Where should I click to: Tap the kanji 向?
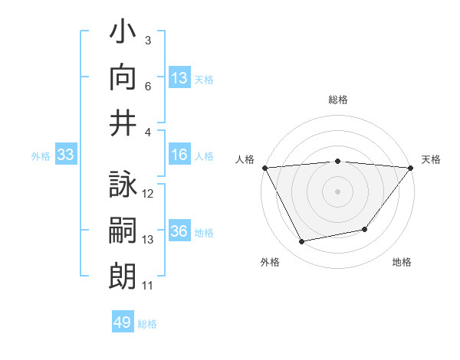point(123,77)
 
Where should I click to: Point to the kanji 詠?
point(123,186)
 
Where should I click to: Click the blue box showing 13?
point(179,77)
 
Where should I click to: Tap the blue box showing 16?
point(179,155)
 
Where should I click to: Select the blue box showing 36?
point(179,232)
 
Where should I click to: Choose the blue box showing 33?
point(65,155)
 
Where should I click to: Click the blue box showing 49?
point(123,322)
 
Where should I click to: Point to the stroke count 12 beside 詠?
point(148,194)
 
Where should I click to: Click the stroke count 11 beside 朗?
point(148,286)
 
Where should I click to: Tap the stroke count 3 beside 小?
point(148,40)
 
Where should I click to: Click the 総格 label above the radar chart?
point(338,100)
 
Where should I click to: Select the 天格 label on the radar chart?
point(432,159)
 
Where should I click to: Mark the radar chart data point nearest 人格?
point(265,167)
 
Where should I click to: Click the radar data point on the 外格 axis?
point(302,242)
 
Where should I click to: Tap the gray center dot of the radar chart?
point(338,191)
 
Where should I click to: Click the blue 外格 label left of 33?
point(41,156)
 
